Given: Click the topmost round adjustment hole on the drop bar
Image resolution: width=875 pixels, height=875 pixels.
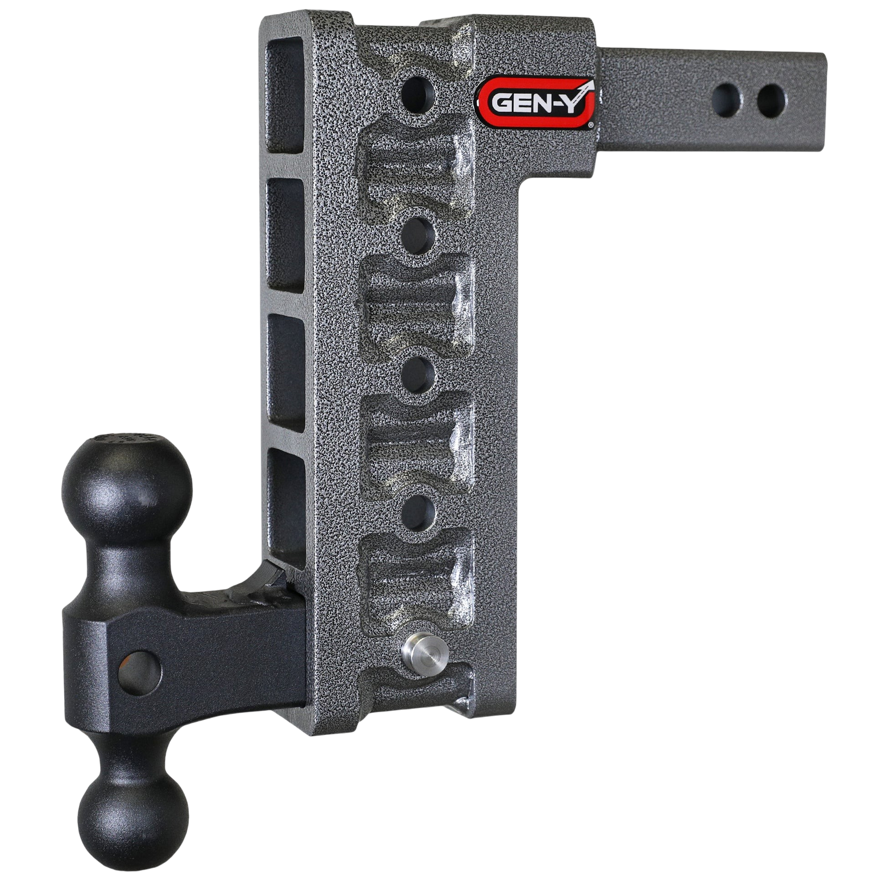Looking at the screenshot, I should pyautogui.click(x=419, y=89).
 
